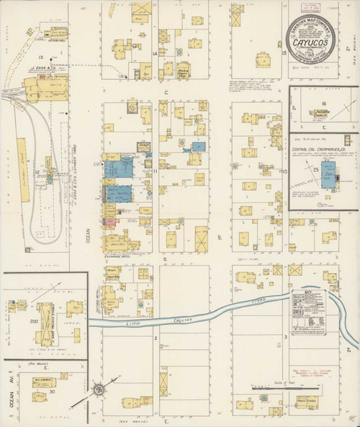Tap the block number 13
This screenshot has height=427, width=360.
pos(42,57)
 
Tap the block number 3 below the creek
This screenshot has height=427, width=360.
pos(286,336)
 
